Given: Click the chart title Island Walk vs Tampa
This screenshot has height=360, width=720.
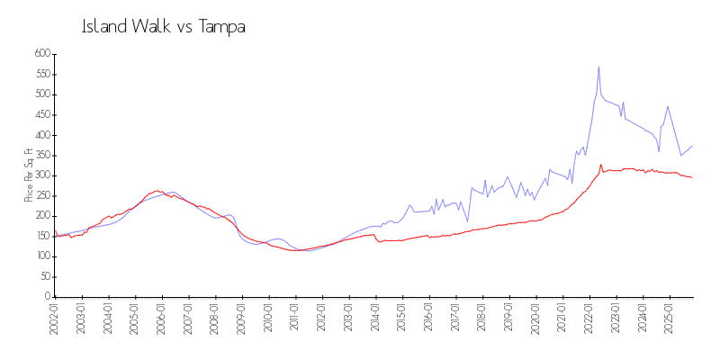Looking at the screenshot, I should click(164, 27).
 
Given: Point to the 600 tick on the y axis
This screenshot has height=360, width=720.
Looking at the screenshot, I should click(40, 54).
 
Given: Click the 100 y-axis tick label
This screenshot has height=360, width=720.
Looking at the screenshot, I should click(40, 256).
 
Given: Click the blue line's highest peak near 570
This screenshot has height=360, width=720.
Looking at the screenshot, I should click(598, 67).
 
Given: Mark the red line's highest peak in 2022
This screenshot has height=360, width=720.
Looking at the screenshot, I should click(601, 165).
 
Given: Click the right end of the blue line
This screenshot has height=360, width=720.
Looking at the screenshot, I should click(692, 146).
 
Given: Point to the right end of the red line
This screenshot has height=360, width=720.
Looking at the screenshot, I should click(692, 177).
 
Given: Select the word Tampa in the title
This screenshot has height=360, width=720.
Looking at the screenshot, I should click(222, 27).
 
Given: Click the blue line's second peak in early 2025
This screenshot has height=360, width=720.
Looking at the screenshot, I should click(668, 106).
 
